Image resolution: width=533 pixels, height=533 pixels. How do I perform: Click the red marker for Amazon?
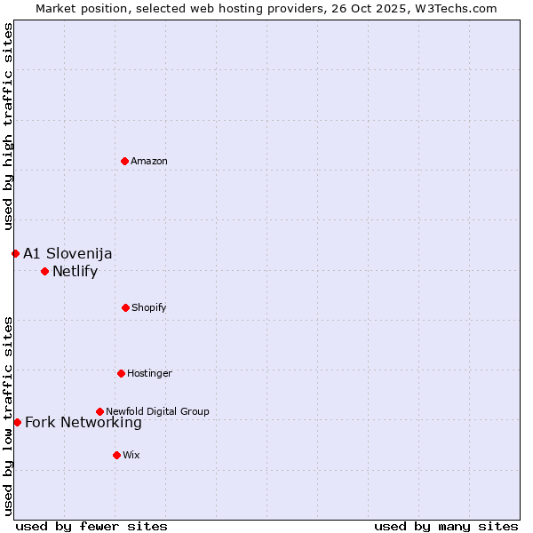click(x=124, y=161)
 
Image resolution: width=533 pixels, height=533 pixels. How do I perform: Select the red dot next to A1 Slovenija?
click(x=15, y=253)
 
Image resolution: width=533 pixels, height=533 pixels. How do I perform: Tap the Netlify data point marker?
click(x=44, y=271)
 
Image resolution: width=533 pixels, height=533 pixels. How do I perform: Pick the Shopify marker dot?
click(x=125, y=307)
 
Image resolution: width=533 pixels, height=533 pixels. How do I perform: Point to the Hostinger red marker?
click(x=121, y=373)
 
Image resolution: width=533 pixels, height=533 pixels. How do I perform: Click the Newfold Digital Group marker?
click(x=99, y=411)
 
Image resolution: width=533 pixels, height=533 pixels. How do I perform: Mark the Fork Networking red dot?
click(x=17, y=422)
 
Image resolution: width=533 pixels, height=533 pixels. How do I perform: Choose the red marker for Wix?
click(x=116, y=455)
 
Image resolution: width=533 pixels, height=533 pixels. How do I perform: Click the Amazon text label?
click(x=149, y=161)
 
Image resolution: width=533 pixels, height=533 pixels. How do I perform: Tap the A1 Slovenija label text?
click(x=68, y=254)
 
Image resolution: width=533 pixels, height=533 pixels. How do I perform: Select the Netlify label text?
click(x=75, y=272)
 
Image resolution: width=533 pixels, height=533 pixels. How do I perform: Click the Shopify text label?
click(x=149, y=307)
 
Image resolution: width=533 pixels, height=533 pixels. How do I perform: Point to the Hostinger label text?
click(x=149, y=373)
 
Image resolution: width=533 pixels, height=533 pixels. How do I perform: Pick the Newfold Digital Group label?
click(x=157, y=411)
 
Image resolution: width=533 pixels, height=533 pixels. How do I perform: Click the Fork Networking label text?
click(x=84, y=423)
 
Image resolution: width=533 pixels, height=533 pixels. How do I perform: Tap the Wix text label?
click(x=131, y=455)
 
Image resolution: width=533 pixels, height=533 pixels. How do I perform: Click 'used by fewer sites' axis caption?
click(x=91, y=526)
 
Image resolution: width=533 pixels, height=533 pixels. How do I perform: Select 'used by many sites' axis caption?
click(x=446, y=526)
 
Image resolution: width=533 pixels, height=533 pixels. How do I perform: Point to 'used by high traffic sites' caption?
click(x=8, y=126)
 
